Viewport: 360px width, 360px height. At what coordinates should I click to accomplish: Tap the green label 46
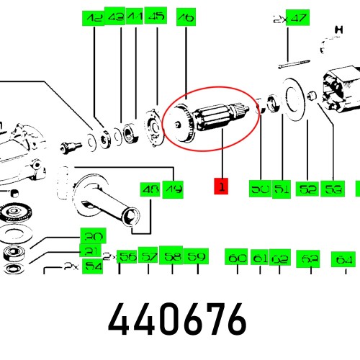(x=186, y=17)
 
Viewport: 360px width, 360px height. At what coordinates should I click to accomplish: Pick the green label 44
(x=135, y=17)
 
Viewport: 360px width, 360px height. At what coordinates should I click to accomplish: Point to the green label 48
(x=150, y=189)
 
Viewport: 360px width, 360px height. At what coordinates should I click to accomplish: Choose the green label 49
(x=173, y=189)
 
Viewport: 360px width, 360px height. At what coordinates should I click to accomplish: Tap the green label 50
(x=259, y=189)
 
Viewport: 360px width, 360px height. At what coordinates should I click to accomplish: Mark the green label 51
(x=282, y=189)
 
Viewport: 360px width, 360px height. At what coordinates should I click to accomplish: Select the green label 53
(x=333, y=189)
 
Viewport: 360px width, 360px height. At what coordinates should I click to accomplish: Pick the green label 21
(x=91, y=251)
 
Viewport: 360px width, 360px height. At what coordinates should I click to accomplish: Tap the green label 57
(x=148, y=256)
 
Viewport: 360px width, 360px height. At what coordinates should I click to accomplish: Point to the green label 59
(x=197, y=256)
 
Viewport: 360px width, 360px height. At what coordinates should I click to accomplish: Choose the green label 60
(x=237, y=258)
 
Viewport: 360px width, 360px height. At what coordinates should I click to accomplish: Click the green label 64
(x=345, y=258)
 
